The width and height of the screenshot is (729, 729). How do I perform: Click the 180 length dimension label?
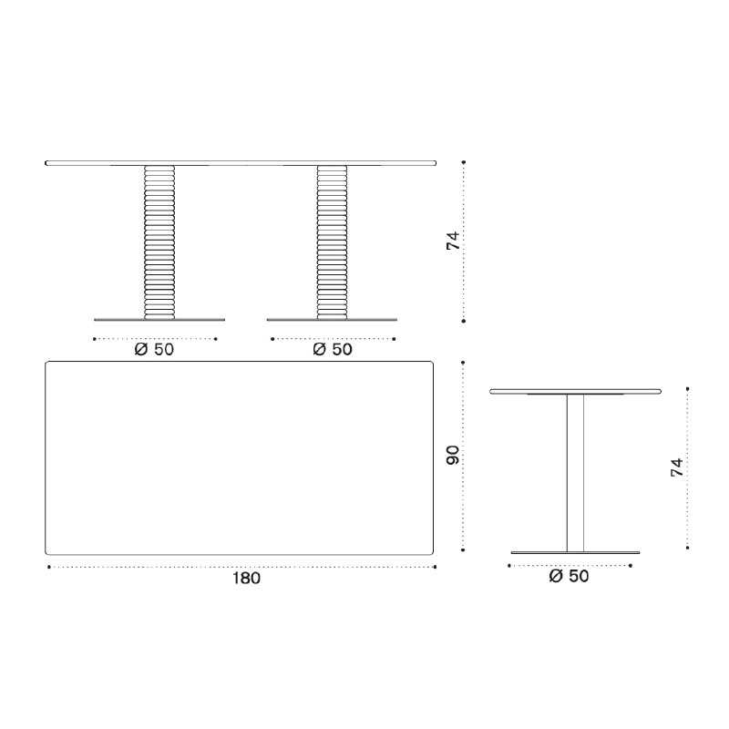click(x=246, y=579)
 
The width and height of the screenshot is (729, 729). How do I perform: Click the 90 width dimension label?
click(x=453, y=455)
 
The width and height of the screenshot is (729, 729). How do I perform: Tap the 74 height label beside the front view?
click(x=453, y=241)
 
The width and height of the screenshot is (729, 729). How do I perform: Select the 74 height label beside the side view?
click(x=677, y=467)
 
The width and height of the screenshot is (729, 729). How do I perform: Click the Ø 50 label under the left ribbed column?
click(x=154, y=349)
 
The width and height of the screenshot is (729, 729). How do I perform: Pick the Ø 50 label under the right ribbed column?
click(x=333, y=349)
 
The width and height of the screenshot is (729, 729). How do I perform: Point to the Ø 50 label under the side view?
click(x=569, y=576)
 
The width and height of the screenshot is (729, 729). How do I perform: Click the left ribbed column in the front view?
click(x=159, y=242)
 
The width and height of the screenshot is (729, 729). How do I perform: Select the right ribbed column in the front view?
click(x=332, y=242)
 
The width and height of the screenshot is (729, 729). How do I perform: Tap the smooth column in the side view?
click(x=575, y=473)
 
